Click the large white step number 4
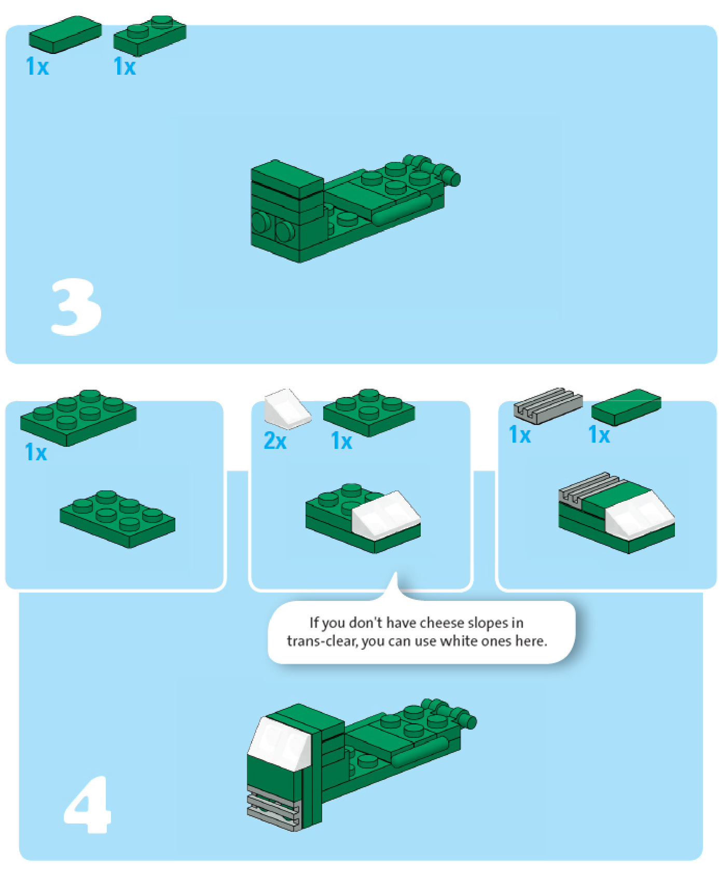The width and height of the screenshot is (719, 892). tap(88, 804)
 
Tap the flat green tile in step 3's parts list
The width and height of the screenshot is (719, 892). tap(65, 34)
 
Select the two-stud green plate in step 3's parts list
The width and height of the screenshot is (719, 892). tap(150, 36)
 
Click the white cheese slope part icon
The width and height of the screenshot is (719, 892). tap(287, 409)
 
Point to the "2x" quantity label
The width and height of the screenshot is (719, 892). tap(275, 441)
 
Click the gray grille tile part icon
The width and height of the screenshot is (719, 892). tap(548, 406)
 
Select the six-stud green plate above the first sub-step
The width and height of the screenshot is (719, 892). tap(78, 418)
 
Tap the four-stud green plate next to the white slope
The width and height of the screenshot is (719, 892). tap(369, 413)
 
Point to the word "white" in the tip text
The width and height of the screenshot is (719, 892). tap(458, 641)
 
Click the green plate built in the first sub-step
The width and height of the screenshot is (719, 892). tap(117, 519)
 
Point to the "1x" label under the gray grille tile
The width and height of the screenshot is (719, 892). tap(520, 434)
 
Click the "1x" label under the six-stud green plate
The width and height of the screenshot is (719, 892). tap(36, 452)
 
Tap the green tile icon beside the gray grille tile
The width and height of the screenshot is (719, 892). tap(626, 407)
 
